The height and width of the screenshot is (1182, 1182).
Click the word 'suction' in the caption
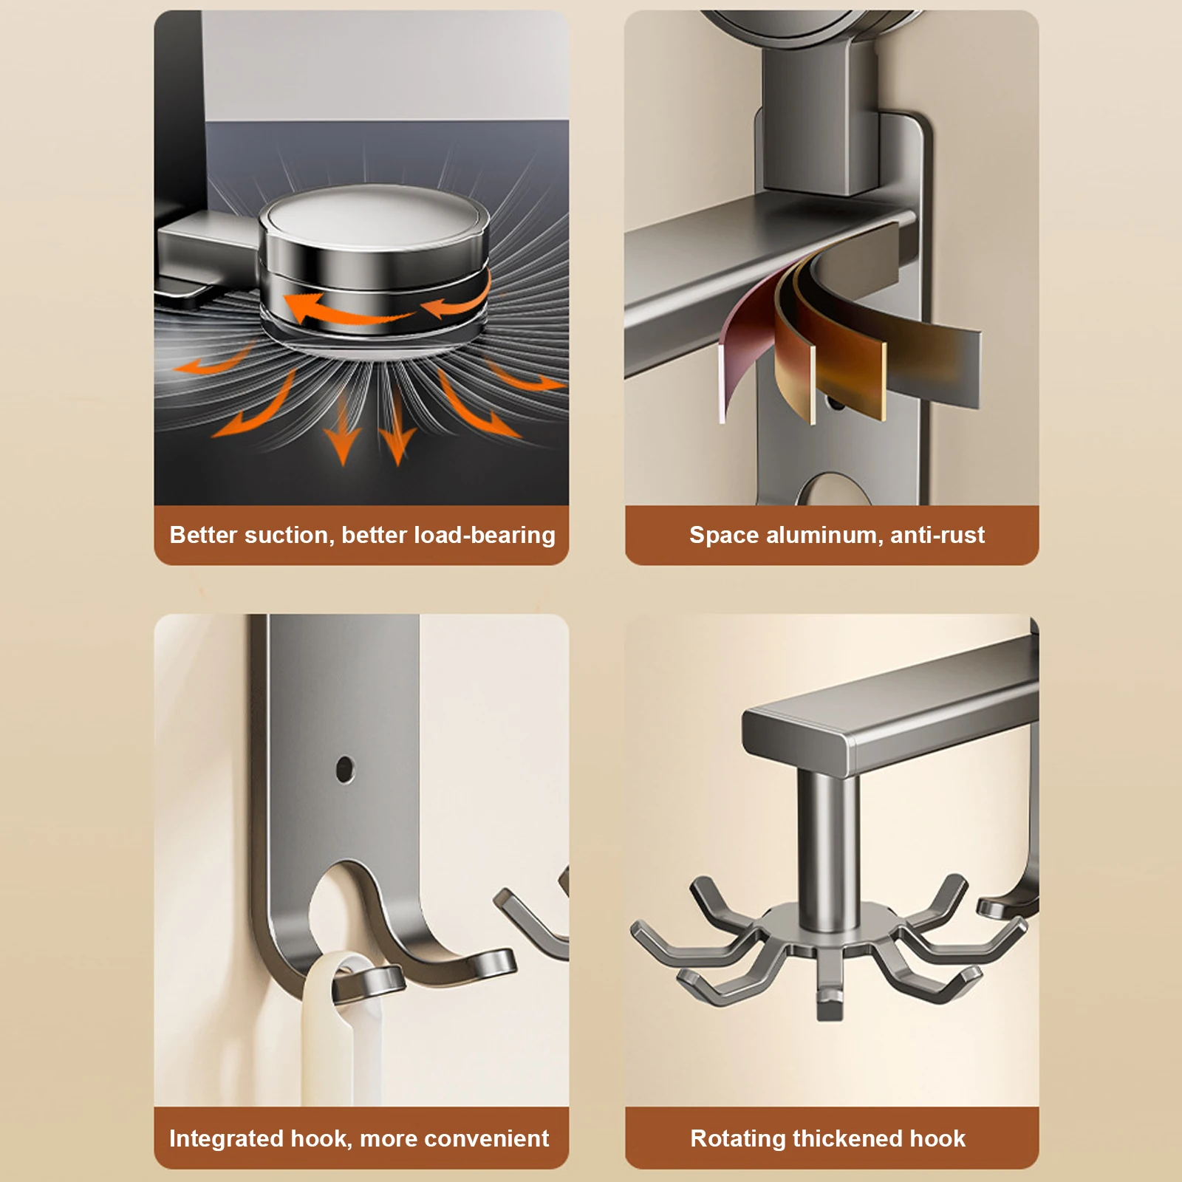pos(289,535)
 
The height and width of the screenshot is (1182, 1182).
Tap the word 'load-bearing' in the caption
pos(485,536)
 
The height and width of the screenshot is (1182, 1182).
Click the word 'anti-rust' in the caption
pos(937,535)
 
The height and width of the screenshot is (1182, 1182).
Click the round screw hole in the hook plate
pos(344,769)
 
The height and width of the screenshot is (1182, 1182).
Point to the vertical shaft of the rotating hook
pos(827,850)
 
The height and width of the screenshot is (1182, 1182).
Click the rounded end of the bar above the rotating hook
pos(798,739)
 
